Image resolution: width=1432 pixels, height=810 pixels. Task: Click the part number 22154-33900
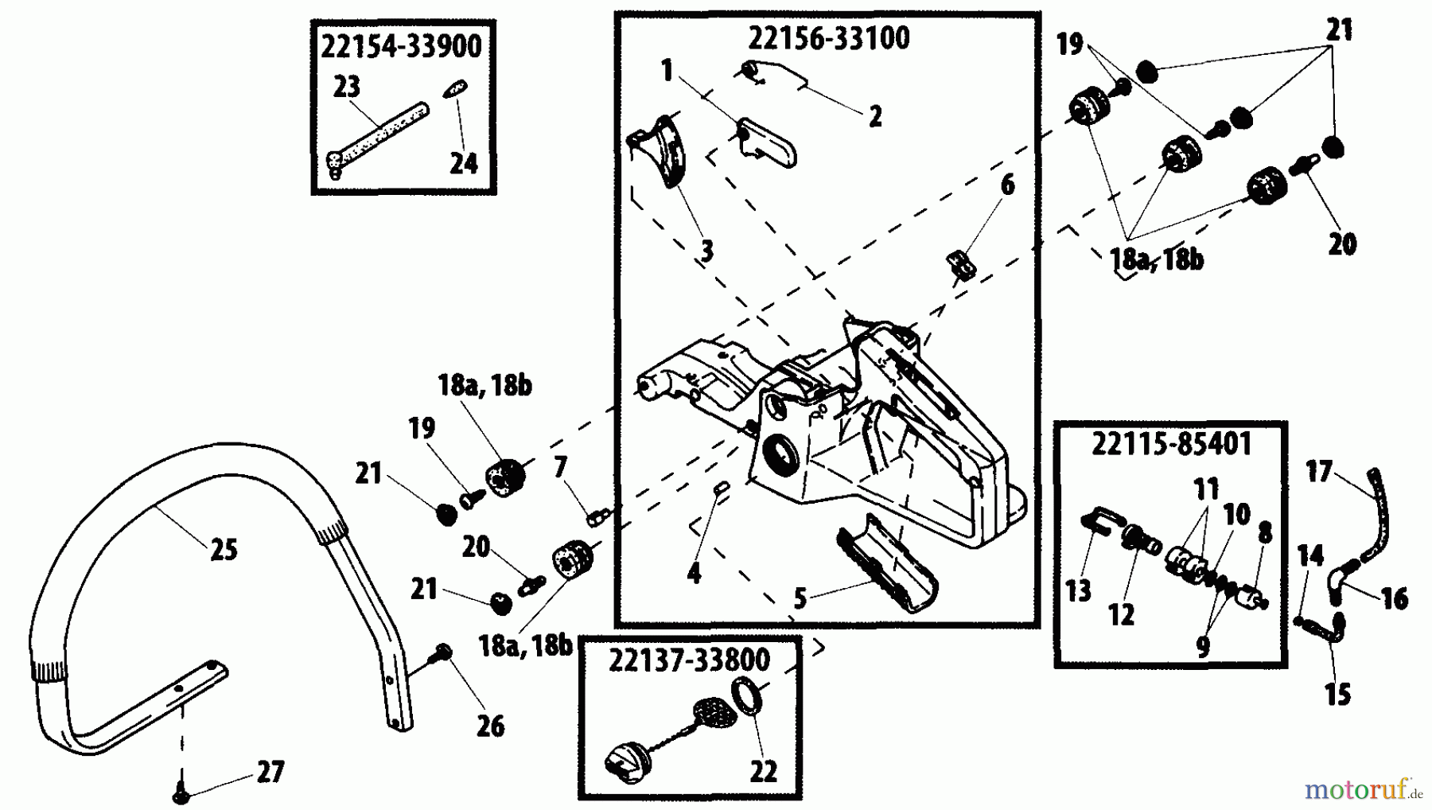401,46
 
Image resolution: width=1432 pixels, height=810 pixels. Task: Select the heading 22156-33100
829,37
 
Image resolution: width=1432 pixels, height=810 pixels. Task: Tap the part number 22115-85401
1171,444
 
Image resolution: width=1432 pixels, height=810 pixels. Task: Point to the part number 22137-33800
689,660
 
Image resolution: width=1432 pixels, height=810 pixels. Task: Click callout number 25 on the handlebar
224,549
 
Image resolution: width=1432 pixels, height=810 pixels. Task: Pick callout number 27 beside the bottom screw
270,772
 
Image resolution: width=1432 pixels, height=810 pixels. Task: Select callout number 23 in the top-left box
346,86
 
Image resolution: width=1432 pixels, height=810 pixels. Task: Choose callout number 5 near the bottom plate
800,598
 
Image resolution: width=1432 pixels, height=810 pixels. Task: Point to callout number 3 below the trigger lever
706,251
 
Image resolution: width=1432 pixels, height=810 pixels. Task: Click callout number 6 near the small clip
1007,185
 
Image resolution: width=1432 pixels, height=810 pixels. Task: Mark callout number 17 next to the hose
1318,472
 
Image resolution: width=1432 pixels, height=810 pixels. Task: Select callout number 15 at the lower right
1337,694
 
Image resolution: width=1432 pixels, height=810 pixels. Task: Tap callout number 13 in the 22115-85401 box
1078,590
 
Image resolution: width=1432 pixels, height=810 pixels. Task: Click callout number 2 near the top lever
875,116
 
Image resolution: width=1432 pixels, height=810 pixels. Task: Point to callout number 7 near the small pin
560,467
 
